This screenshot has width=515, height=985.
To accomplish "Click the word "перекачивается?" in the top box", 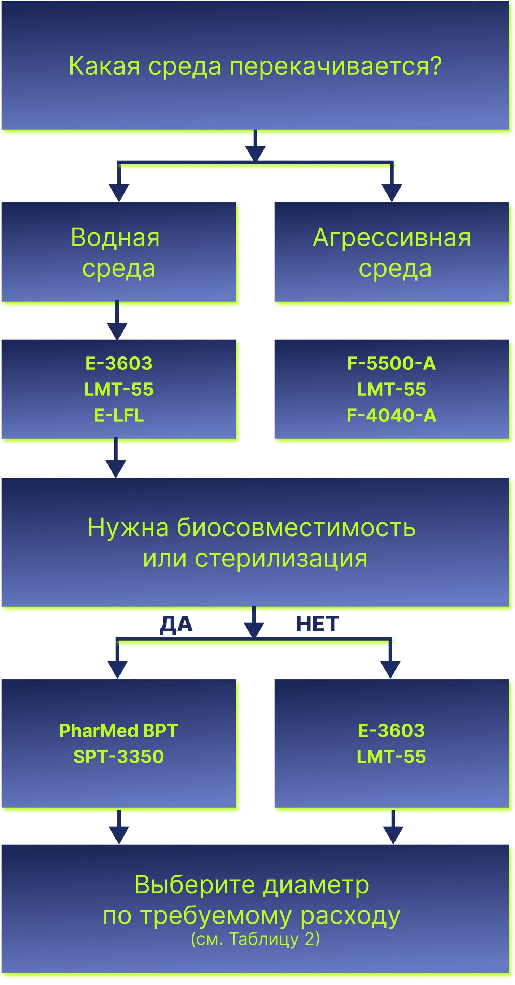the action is [335, 66].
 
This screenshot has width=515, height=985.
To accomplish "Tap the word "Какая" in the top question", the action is [104, 66].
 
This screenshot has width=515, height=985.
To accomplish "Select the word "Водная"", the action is [115, 237].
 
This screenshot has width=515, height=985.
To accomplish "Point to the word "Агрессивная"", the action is [392, 238].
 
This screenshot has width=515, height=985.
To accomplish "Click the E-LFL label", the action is [119, 415].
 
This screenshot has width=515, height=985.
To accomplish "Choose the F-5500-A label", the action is [392, 363].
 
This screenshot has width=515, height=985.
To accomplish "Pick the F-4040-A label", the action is [392, 415].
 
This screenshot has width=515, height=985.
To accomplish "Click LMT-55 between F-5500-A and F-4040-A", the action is [392, 389].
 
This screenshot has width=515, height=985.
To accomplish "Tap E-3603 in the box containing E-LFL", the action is [119, 363].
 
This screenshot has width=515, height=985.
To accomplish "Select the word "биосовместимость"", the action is [296, 527].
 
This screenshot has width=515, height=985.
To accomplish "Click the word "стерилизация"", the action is [281, 559].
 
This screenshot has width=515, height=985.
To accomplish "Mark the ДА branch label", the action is [176, 625].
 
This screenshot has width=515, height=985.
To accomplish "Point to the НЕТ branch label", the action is [317, 624].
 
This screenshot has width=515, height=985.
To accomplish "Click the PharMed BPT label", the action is [119, 731].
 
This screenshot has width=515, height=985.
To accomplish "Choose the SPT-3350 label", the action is [119, 757].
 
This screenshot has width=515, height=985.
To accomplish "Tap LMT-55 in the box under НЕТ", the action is [392, 757].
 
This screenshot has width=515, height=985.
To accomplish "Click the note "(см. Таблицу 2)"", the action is [256, 939].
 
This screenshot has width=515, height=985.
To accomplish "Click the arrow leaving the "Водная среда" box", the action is [117, 320].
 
